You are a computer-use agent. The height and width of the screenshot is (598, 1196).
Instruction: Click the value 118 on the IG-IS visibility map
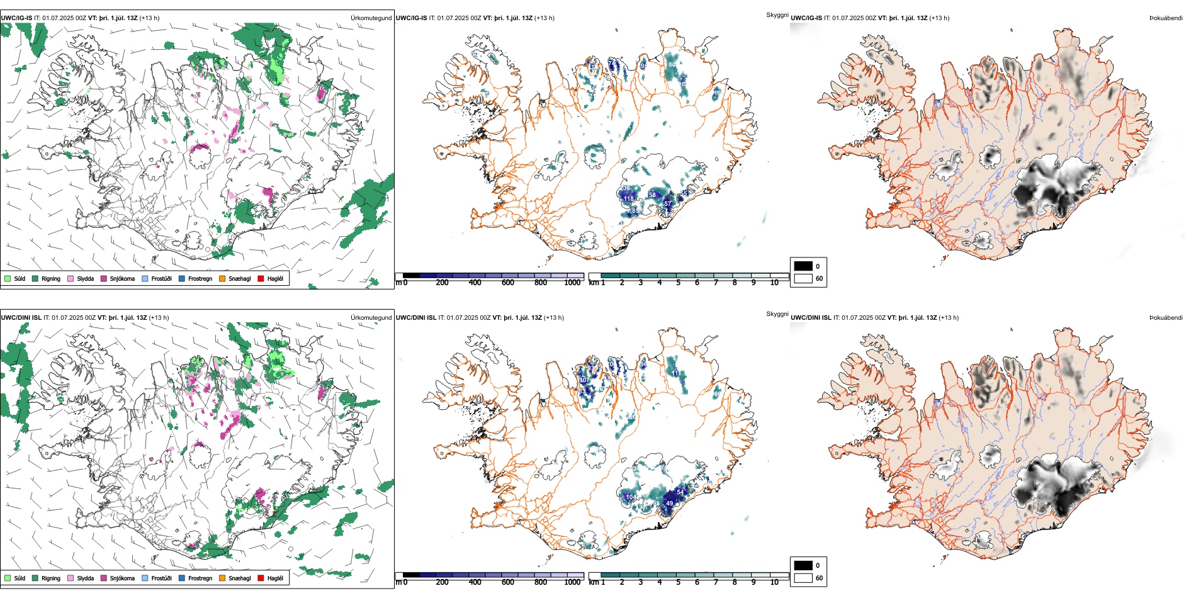pyautogui.click(x=628, y=199)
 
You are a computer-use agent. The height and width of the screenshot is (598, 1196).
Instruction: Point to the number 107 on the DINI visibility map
pyautogui.click(x=584, y=380)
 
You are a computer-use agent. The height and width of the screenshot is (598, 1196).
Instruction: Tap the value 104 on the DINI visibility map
pyautogui.click(x=630, y=497)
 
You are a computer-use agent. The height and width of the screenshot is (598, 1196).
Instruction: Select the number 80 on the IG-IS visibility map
pyautogui.click(x=672, y=65)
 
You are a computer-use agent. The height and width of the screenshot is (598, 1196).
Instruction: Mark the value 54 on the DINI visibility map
pyautogui.click(x=680, y=492)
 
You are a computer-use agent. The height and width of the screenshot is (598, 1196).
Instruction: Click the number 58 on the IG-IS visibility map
pyautogui.click(x=652, y=195)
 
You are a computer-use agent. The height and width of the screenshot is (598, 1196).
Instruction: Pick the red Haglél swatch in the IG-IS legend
pyautogui.click(x=261, y=278)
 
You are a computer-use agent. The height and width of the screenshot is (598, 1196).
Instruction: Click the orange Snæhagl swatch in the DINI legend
pyautogui.click(x=222, y=578)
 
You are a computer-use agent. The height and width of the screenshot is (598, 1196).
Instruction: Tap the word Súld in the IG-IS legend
pyautogui.click(x=20, y=278)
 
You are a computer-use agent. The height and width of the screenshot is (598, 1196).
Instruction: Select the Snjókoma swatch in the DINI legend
pyautogui.click(x=104, y=578)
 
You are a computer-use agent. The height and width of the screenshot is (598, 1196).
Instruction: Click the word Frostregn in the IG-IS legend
pyautogui.click(x=200, y=278)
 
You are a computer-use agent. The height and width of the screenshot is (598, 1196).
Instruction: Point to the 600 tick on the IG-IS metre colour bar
pyautogui.click(x=507, y=283)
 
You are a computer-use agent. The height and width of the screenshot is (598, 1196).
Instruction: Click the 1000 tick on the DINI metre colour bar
pyautogui.click(x=572, y=582)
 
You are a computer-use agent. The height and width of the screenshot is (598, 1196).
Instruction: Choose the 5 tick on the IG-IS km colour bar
pyautogui.click(x=678, y=283)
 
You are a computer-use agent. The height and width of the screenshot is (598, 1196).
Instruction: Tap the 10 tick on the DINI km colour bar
pyautogui.click(x=774, y=582)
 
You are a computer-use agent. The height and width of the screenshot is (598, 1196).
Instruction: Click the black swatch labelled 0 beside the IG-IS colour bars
pyautogui.click(x=803, y=266)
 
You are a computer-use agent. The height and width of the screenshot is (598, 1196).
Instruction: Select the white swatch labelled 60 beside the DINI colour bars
pyautogui.click(x=803, y=578)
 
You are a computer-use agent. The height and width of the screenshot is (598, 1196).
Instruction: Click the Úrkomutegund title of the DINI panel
pyautogui.click(x=371, y=317)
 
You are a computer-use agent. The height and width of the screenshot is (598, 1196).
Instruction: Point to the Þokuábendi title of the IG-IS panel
pyautogui.click(x=1166, y=18)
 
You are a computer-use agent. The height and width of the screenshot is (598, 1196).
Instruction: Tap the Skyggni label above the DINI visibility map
pyautogui.click(x=777, y=313)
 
